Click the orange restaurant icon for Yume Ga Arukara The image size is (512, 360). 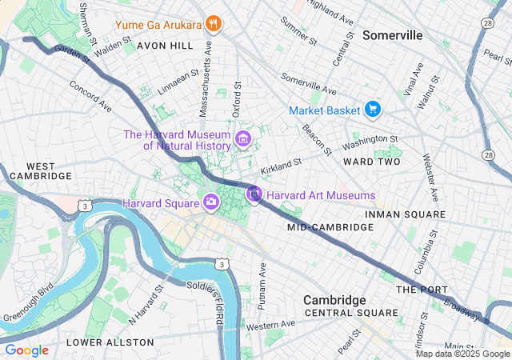click(x=213, y=23)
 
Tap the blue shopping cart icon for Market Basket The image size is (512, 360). click(x=372, y=109)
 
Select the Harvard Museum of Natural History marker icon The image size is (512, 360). click(x=242, y=141)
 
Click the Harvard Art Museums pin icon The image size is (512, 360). click(x=254, y=194)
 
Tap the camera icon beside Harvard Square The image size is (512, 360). click(x=211, y=202)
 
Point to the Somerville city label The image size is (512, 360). click(x=392, y=36)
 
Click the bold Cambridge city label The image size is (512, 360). click(x=334, y=299)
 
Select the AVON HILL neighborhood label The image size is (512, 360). click(x=165, y=46)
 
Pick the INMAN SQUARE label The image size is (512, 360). click(x=405, y=214)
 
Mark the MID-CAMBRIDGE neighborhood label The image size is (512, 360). click(x=330, y=228)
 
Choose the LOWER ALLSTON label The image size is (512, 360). click(x=110, y=342)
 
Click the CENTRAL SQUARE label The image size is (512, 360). click(x=350, y=313)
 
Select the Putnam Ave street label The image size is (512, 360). click(x=262, y=285)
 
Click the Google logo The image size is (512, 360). click(x=26, y=350)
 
